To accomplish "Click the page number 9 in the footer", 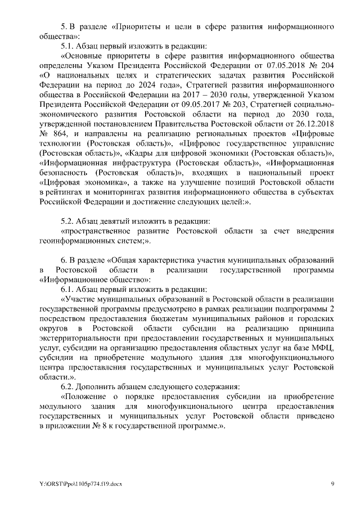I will click(332, 484).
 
